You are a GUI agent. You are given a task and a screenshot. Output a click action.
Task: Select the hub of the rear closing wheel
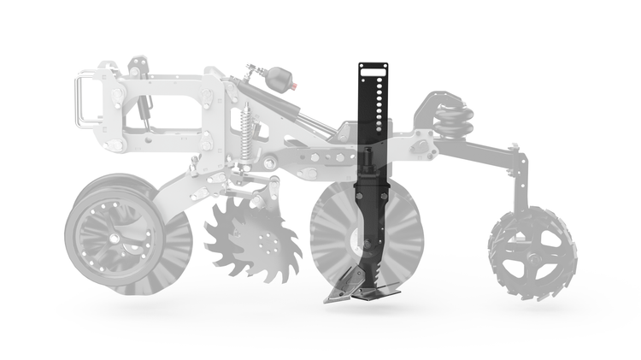pyautogui.click(x=531, y=254)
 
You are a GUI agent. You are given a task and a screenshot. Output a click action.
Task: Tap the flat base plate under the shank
pyautogui.click(x=377, y=292)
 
